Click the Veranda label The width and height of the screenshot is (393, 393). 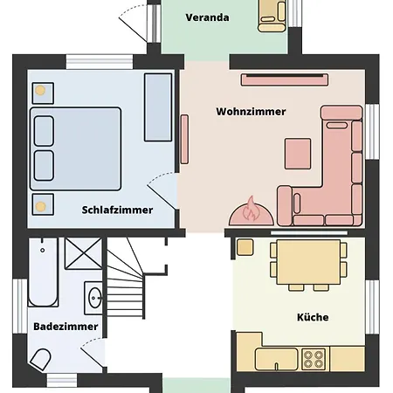(207, 17)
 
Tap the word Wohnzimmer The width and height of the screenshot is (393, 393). (251, 112)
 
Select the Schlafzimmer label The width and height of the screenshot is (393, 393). (117, 210)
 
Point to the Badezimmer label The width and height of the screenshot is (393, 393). (65, 327)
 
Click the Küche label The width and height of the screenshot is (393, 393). (313, 317)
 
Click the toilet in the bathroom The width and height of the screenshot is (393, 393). (40, 360)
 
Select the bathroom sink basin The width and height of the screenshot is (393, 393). (94, 298)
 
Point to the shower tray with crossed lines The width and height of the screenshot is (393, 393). (83, 253)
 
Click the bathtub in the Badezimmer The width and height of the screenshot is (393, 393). (43, 272)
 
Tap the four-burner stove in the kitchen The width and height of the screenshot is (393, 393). (314, 359)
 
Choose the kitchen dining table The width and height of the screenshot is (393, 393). (308, 262)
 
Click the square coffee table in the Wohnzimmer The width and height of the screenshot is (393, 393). (298, 154)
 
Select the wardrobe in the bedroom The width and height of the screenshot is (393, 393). (158, 107)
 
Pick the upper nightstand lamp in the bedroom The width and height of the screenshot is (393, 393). (40, 91)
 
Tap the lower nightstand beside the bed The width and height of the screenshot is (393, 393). (43, 204)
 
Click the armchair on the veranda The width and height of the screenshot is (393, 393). (272, 16)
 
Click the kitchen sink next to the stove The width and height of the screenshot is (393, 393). (277, 359)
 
